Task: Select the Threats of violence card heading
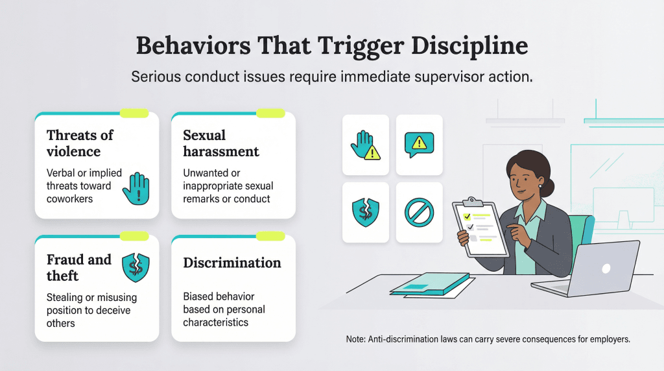(80, 143)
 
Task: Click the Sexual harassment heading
(220, 143)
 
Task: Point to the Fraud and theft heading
(79, 267)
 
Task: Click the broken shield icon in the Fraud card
(136, 267)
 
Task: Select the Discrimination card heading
(232, 263)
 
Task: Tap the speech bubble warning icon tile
(420, 145)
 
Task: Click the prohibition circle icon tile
(420, 212)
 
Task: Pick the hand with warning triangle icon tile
(365, 145)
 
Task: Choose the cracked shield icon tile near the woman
(365, 212)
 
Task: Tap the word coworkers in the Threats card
(69, 198)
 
